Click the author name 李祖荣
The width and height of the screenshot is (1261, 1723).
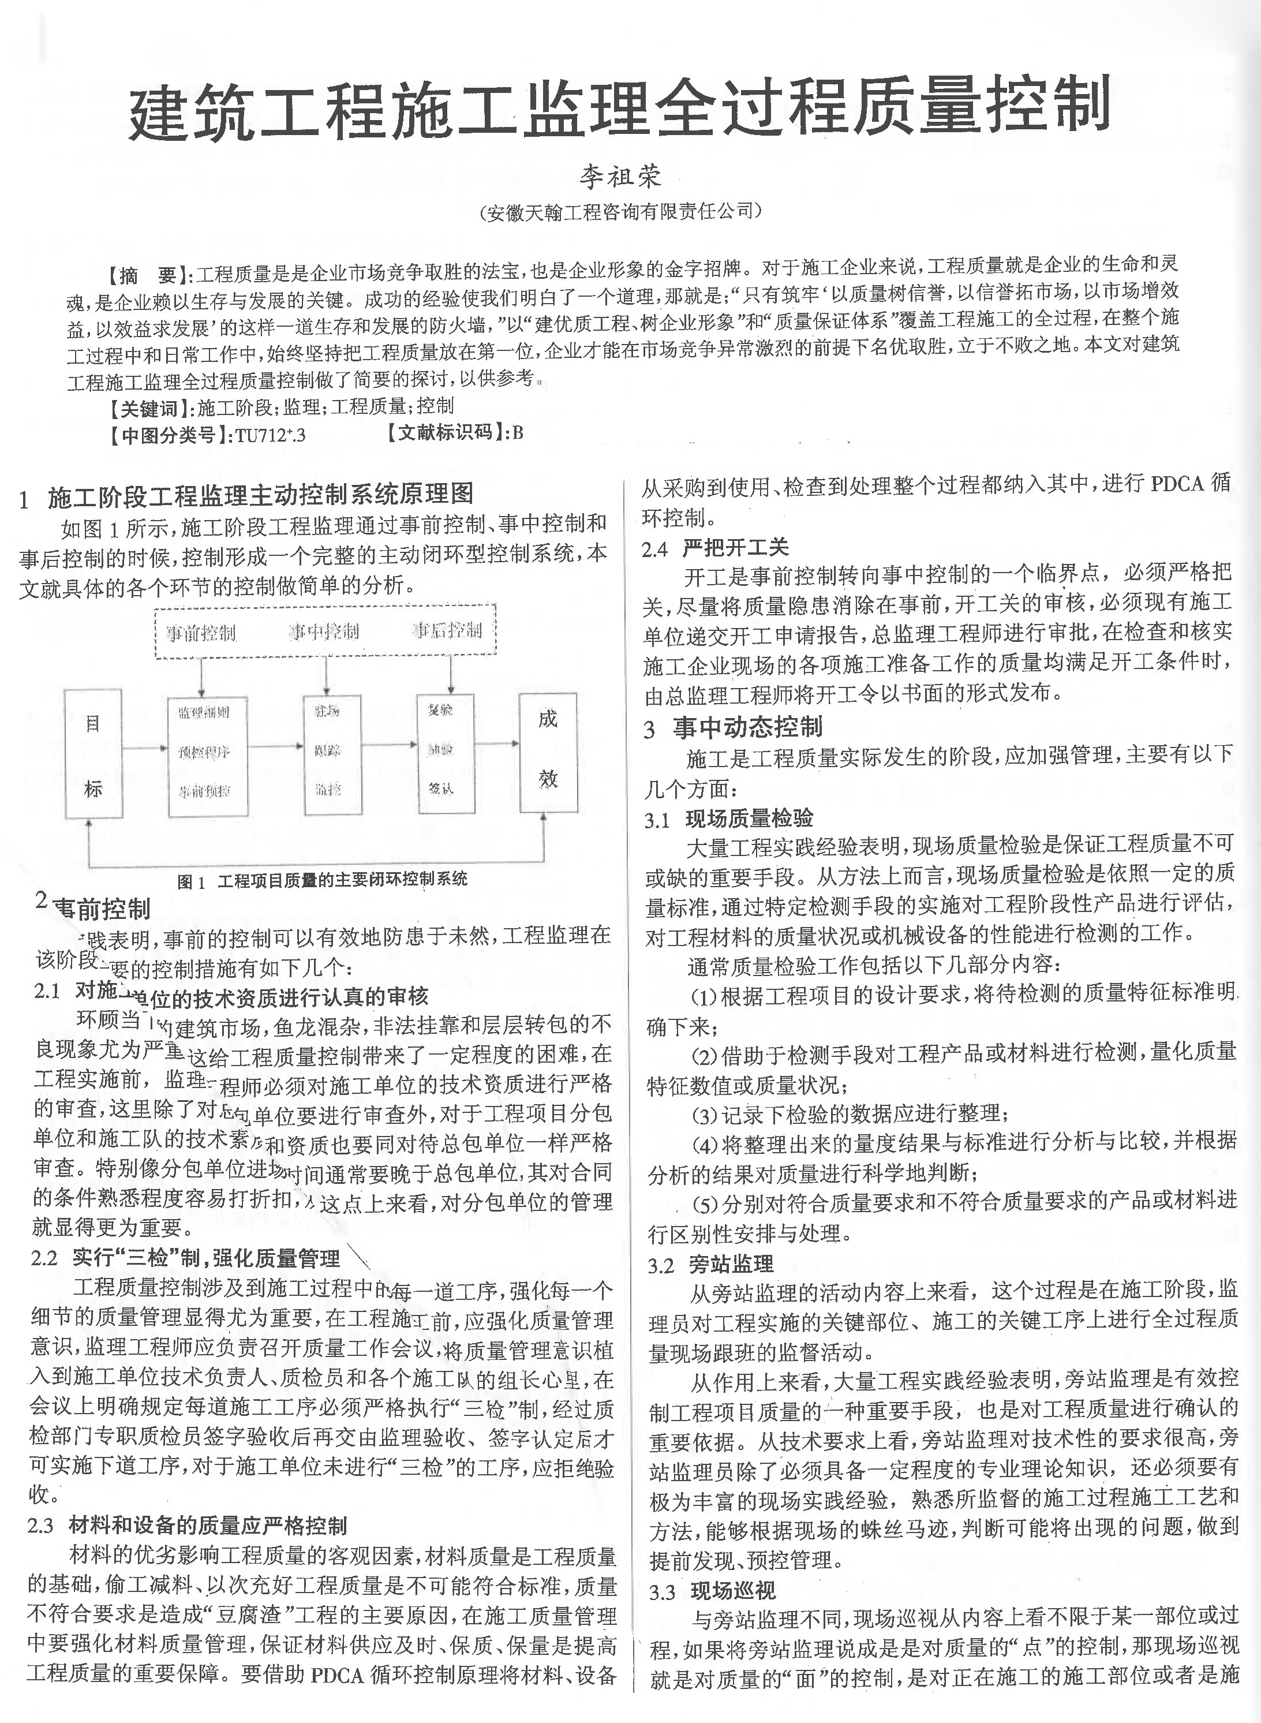coord(619,177)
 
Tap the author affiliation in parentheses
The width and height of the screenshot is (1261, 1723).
coord(620,211)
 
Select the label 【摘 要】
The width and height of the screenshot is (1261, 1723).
coord(149,275)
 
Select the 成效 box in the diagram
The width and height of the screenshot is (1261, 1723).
coord(547,752)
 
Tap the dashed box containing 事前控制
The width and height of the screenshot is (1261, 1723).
coord(326,631)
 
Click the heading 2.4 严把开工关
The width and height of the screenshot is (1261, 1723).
coord(715,547)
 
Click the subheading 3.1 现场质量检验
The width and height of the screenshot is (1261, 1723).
coord(729,819)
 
